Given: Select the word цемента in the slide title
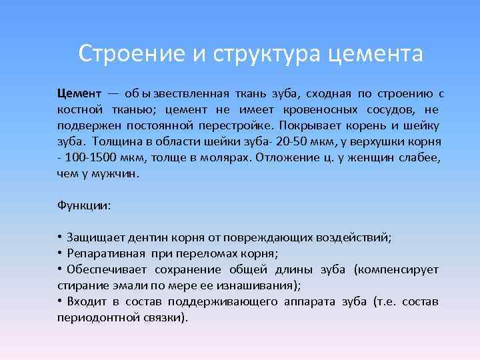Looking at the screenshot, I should click(x=375, y=53).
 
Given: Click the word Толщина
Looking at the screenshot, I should click(x=115, y=141).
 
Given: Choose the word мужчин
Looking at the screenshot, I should click(x=117, y=173).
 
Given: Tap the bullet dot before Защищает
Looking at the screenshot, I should click(x=60, y=237).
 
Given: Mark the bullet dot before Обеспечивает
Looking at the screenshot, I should click(x=60, y=269).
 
